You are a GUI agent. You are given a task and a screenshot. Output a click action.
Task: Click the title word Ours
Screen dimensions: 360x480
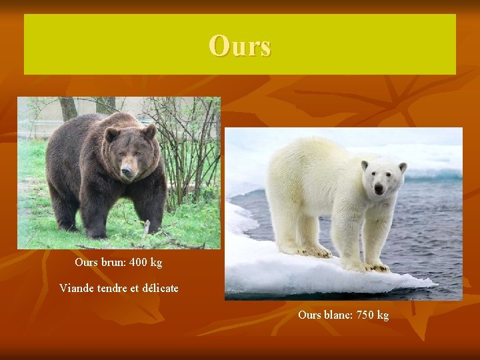(x=239, y=46)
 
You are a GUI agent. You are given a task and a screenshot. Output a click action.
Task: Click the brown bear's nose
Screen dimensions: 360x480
(x=127, y=171)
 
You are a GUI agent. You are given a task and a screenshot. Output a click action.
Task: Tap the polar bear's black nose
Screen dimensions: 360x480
(x=379, y=189)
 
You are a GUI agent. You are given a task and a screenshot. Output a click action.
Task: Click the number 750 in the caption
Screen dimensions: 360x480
(x=361, y=315)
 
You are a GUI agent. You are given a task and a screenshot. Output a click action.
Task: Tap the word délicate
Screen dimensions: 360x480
(x=157, y=288)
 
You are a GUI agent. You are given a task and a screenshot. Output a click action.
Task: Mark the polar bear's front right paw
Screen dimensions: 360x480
(x=377, y=267)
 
